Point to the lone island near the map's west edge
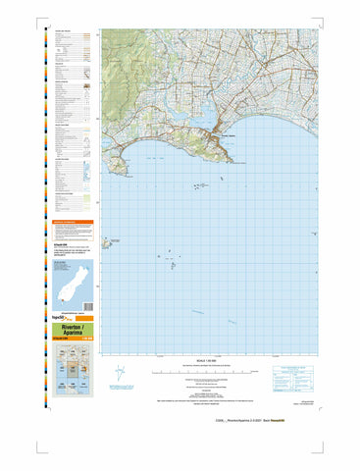point(117,238)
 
